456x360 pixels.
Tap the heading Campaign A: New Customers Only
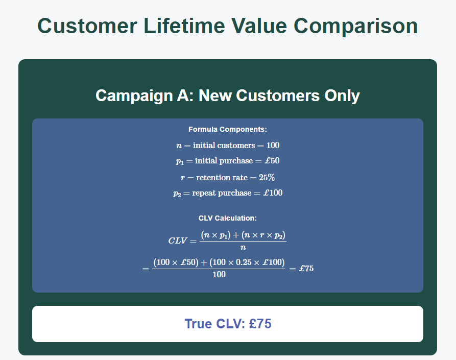pyautogui.click(x=228, y=95)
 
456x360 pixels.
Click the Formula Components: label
pyautogui.click(x=228, y=129)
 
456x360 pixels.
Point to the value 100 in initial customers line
pyautogui.click(x=273, y=146)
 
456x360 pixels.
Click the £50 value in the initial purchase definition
pyautogui.click(x=271, y=161)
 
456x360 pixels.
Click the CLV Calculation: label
pyautogui.click(x=228, y=218)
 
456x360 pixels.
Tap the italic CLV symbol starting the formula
pyautogui.click(x=177, y=241)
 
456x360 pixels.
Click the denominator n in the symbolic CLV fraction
pyautogui.click(x=243, y=248)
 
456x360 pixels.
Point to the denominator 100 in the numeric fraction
pyautogui.click(x=219, y=275)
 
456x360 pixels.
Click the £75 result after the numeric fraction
pyautogui.click(x=306, y=269)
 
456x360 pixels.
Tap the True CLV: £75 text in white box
pyautogui.click(x=228, y=324)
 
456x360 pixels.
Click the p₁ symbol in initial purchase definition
pyautogui.click(x=179, y=161)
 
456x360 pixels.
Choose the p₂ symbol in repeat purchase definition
pyautogui.click(x=177, y=194)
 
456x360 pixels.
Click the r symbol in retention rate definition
pyautogui.click(x=183, y=178)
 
